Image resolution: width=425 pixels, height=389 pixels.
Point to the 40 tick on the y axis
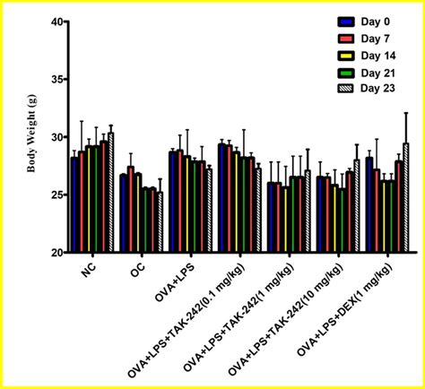click(x=55, y=22)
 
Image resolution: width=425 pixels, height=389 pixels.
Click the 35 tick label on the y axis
click(x=55, y=80)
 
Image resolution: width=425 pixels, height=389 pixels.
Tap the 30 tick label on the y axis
click(x=55, y=137)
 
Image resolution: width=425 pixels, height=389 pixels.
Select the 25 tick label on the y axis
click(x=55, y=195)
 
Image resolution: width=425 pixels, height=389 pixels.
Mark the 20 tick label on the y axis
click(x=55, y=253)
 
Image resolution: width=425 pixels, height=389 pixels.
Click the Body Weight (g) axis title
click(x=32, y=137)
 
